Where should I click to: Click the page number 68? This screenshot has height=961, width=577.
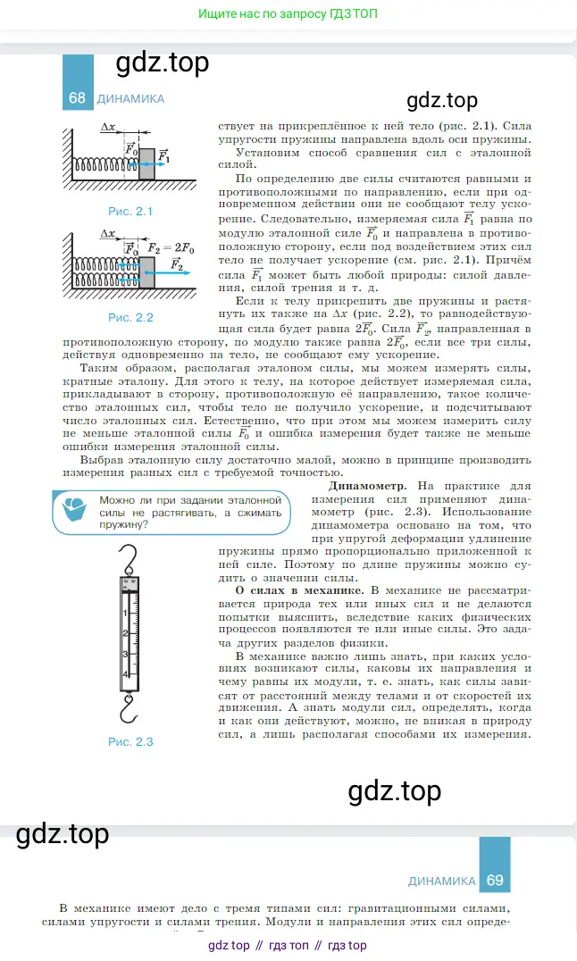(77, 98)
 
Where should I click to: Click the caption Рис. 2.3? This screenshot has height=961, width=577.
(130, 741)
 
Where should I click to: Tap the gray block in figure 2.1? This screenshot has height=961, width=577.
(146, 162)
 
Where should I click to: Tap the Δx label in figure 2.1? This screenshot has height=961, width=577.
(109, 128)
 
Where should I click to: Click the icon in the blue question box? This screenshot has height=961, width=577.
(75, 511)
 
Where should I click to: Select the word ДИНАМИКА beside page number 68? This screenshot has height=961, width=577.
(130, 99)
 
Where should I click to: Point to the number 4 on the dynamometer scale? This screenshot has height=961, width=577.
(125, 673)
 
